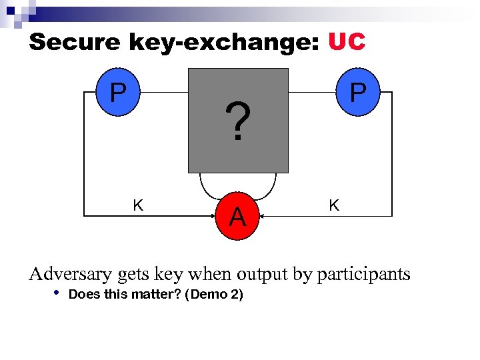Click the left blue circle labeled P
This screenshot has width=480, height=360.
[x=117, y=93]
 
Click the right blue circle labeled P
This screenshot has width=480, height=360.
[x=358, y=93]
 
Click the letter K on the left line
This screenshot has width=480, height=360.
[x=138, y=205]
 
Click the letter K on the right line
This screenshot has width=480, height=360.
[x=334, y=205]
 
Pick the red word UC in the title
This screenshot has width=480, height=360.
[x=347, y=42]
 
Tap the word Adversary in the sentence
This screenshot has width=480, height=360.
[x=71, y=274]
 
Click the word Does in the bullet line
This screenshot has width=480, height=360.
[x=85, y=294]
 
